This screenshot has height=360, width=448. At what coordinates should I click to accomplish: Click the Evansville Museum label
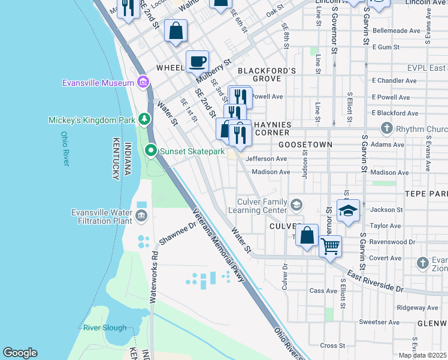tap(98, 83)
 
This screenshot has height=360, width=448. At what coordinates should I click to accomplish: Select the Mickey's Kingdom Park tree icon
tap(144, 119)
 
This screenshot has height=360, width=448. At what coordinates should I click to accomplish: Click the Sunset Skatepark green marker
tap(152, 151)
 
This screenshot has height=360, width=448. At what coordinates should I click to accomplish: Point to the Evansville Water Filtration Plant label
tap(101, 217)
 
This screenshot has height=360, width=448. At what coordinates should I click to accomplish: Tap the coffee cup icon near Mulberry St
tap(197, 61)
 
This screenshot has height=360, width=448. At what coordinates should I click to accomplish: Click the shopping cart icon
tap(330, 245)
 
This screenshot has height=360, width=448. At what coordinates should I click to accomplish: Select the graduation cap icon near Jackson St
tap(347, 211)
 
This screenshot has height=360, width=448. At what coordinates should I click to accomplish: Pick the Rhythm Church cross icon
tap(386, 128)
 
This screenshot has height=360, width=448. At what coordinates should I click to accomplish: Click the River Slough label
tap(105, 328)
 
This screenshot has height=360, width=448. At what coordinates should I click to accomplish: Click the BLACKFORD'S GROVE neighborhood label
tap(267, 74)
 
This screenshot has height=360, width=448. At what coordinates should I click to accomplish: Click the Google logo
tap(20, 353)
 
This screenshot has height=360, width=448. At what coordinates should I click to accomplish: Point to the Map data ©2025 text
tap(422, 355)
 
